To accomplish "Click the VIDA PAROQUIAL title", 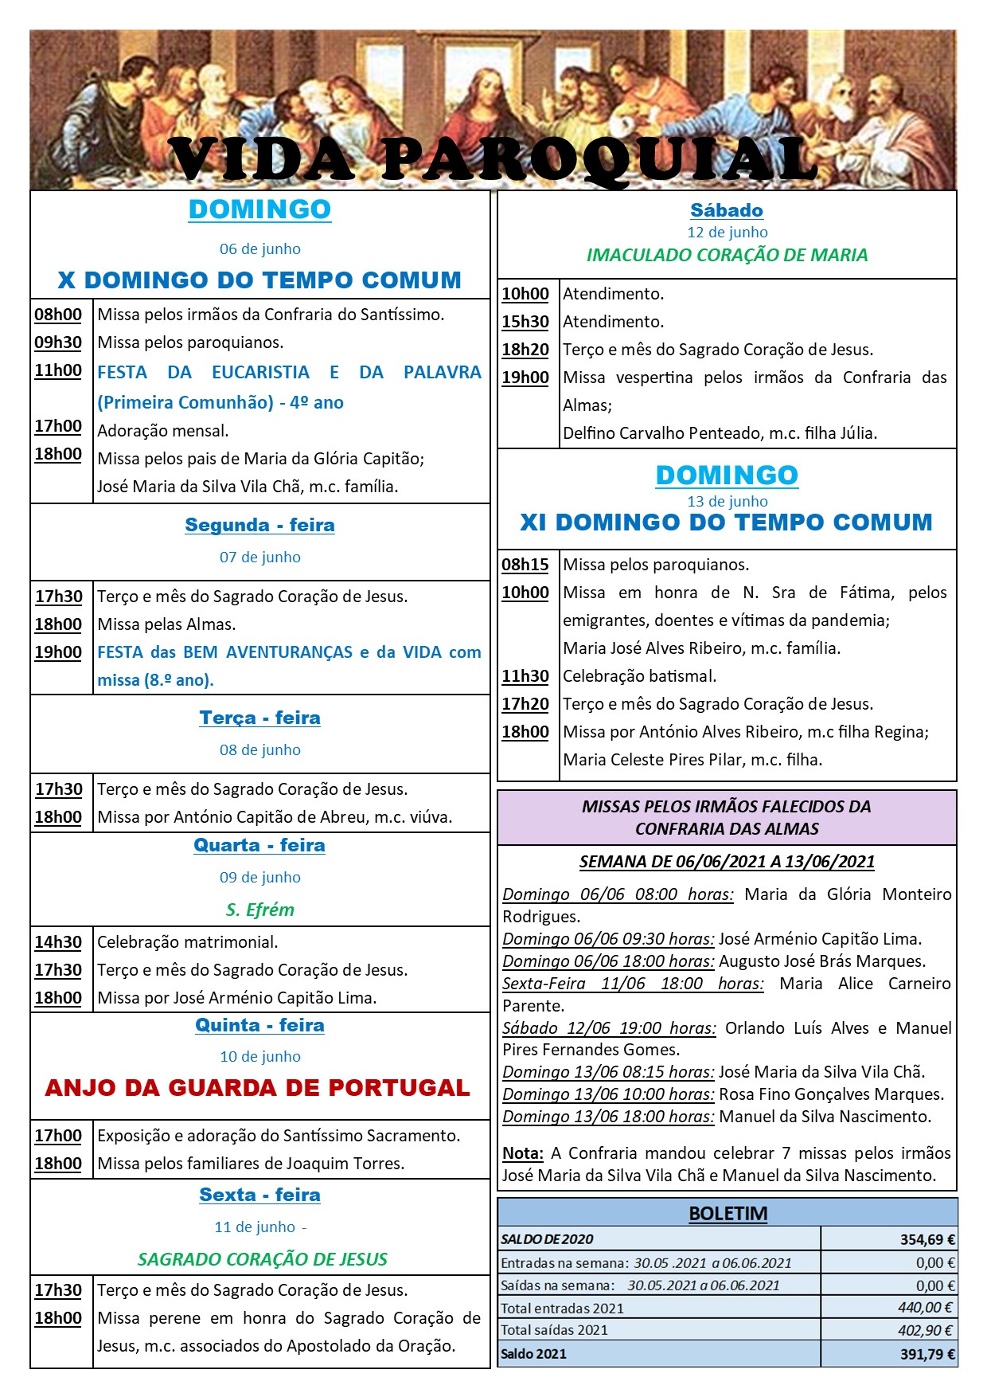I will click(x=494, y=159).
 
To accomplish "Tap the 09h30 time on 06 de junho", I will click(x=58, y=342).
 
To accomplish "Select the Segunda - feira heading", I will click(x=259, y=525).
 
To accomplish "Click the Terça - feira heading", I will click(x=259, y=718).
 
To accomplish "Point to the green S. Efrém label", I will click(x=259, y=910).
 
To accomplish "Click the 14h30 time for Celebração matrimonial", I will click(x=58, y=942).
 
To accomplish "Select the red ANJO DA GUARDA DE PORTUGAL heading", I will click(x=257, y=1088).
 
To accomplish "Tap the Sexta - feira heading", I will click(x=259, y=1195).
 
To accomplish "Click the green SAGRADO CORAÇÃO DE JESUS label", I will click(x=262, y=1259).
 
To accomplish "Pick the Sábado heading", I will click(x=727, y=210).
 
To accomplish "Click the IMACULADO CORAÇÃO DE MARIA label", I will click(x=727, y=255).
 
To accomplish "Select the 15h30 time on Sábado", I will click(x=525, y=322).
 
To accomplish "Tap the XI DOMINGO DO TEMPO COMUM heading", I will click(x=726, y=522).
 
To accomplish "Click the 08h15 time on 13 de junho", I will click(x=525, y=565).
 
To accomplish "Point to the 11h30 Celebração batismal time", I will click(x=525, y=676).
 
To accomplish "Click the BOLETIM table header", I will click(x=728, y=1214).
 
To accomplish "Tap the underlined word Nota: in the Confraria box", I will click(x=522, y=1153).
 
